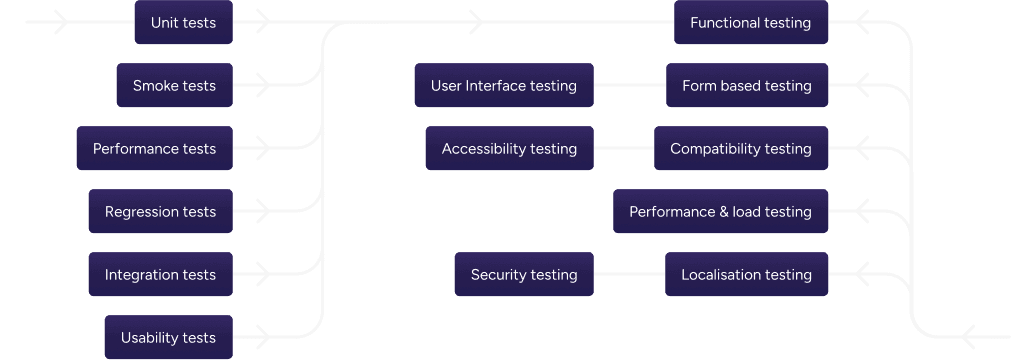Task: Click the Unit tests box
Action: tap(183, 22)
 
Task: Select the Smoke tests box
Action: tap(174, 86)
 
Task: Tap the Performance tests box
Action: tap(154, 149)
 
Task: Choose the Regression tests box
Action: tap(160, 212)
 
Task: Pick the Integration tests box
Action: tap(160, 275)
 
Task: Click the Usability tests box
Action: tap(168, 337)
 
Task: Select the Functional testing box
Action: tap(751, 22)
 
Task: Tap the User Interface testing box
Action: tap(504, 86)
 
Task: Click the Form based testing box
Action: tap(747, 86)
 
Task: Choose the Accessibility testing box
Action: tap(509, 149)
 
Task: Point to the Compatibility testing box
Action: tap(741, 149)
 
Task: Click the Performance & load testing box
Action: tap(720, 212)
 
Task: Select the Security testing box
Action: tap(524, 275)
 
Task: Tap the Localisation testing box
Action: tap(746, 275)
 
